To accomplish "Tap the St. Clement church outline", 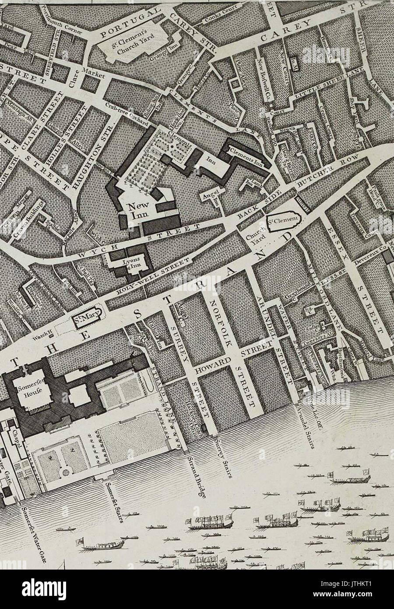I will click(x=283, y=217).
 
